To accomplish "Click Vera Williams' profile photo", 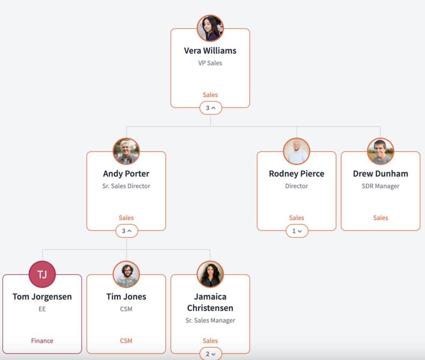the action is point(210,28).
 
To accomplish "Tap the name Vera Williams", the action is point(210,51).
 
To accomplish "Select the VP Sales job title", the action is point(210,63).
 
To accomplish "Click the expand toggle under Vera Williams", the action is point(211,108).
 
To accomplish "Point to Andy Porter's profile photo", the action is point(126,151).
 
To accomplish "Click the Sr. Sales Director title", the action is point(126,186).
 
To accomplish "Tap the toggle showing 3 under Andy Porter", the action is point(126,231).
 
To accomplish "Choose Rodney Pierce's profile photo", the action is point(296,151).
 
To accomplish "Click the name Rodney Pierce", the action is point(296,174).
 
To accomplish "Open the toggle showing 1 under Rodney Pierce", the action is point(297,231).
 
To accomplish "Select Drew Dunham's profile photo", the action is point(381,151).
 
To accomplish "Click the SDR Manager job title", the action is point(381,186).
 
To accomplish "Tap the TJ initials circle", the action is point(42,274).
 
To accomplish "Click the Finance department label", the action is point(42,341).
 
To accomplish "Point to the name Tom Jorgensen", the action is point(42,297).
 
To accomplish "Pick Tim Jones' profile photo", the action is point(126,274).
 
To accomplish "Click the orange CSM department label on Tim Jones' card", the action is point(126,341).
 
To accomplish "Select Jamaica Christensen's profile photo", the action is point(210,274).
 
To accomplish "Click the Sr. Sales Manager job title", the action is point(210,320).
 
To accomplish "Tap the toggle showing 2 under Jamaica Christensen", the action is point(211,354).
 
